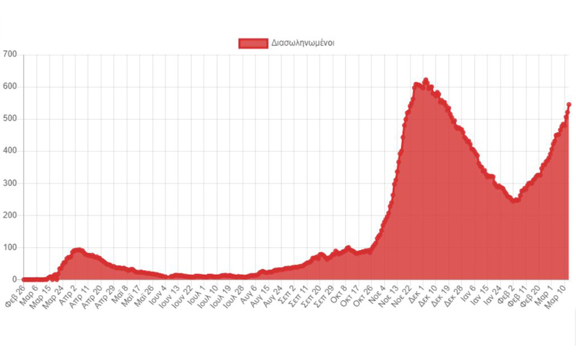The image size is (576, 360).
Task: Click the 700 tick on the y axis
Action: pos(10,55)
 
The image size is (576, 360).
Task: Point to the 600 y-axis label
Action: pos(10,87)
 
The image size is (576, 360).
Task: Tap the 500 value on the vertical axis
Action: pos(10,119)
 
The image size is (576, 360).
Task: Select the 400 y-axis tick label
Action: pos(10,151)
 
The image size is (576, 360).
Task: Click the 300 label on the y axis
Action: pos(10,184)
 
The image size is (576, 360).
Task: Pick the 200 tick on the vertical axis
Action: pos(10,215)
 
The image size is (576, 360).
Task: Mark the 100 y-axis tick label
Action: pos(10,248)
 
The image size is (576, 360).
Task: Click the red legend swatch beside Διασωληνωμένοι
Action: pos(253,43)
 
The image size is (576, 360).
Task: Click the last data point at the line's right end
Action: pos(568,104)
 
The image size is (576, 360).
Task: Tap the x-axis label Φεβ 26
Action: pos(14,294)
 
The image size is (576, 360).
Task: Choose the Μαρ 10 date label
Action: pos(558,294)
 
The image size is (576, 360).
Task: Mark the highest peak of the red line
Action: pos(425,80)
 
